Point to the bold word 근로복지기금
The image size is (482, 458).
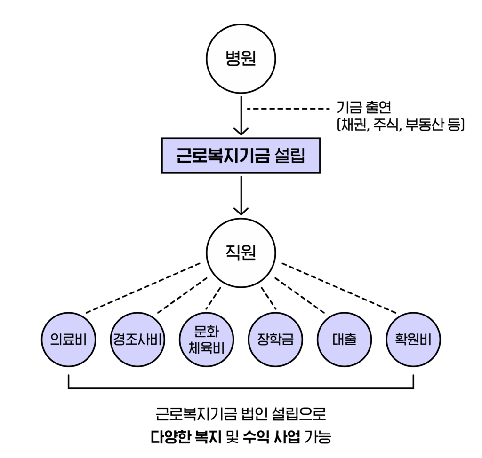(x=223, y=155)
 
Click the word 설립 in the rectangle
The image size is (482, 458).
(x=289, y=155)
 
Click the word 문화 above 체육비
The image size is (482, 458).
(x=207, y=332)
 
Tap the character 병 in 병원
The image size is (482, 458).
(x=233, y=59)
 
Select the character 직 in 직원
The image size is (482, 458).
(x=233, y=253)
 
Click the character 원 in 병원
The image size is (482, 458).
(x=249, y=59)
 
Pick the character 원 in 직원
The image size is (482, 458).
(x=249, y=253)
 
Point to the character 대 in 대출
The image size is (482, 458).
(x=338, y=340)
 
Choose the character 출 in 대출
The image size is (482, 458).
(x=351, y=340)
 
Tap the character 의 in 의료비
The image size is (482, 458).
(x=56, y=340)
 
